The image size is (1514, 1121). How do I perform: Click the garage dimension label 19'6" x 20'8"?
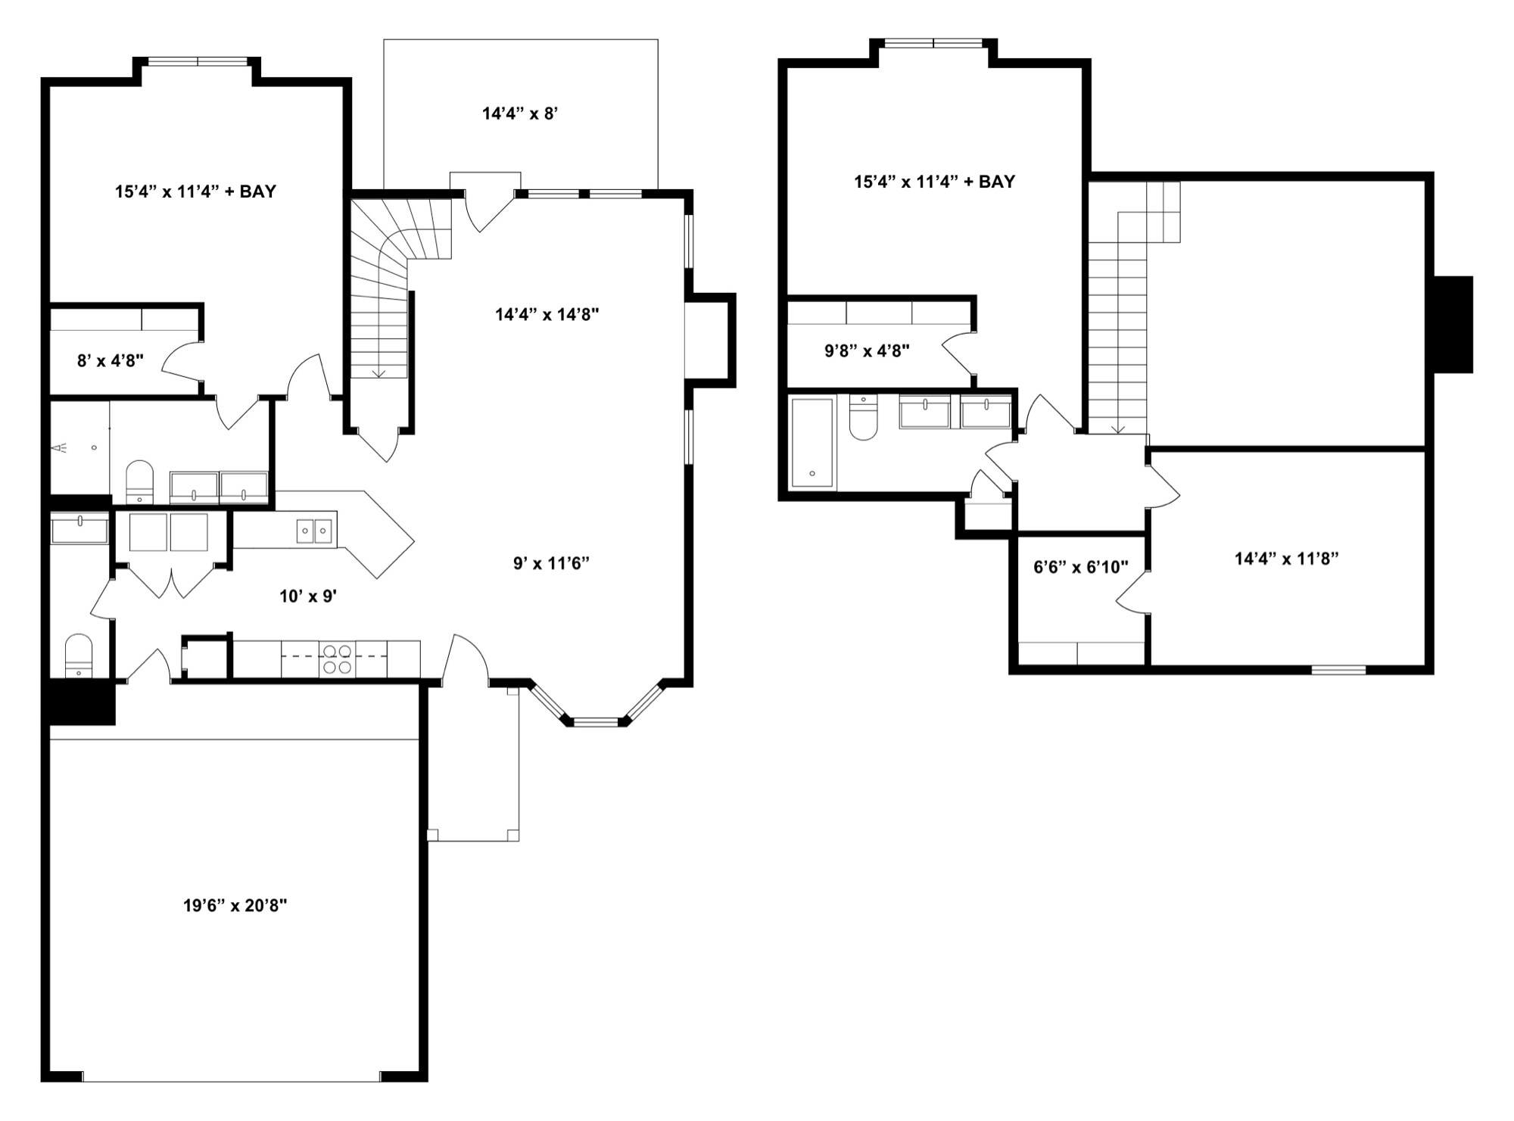point(235,905)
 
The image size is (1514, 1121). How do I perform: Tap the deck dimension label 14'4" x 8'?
point(520,114)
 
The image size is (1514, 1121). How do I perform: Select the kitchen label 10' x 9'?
point(308,596)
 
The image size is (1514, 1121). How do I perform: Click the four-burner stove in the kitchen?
point(337,659)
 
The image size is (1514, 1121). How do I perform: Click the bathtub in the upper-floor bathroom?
point(812,442)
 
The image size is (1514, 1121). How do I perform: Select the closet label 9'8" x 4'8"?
point(867,350)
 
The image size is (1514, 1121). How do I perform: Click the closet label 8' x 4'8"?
point(111,360)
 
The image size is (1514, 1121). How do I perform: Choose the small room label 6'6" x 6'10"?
point(1080,567)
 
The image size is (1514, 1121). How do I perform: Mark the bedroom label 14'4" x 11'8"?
point(1286,559)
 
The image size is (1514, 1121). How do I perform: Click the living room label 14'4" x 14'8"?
point(547,314)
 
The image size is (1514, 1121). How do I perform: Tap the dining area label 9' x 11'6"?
point(551,563)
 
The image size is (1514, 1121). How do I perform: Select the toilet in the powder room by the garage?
point(79,655)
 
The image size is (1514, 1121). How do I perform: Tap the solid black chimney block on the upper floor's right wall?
point(1453,325)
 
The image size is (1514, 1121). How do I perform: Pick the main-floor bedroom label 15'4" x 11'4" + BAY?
point(195,192)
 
